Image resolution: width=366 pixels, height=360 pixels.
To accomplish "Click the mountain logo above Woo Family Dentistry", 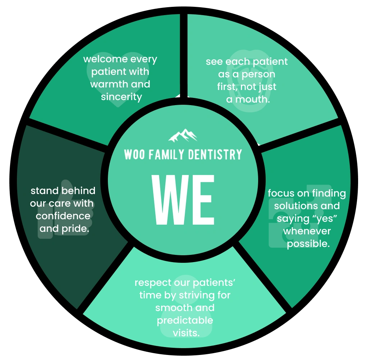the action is (183, 135).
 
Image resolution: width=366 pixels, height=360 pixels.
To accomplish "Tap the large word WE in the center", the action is (183, 200).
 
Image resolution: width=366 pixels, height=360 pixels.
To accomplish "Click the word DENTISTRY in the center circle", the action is (215, 154).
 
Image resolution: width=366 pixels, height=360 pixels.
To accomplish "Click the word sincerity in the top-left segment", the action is (122, 97).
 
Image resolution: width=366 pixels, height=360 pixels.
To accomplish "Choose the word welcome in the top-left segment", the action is (105, 59).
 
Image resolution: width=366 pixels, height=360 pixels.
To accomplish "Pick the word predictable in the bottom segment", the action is (185, 321).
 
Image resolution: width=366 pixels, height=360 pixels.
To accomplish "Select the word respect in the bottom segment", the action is (153, 283).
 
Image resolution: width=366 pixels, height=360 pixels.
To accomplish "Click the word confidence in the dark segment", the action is (63, 216).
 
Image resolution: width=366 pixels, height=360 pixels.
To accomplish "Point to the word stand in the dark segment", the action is (44, 191).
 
